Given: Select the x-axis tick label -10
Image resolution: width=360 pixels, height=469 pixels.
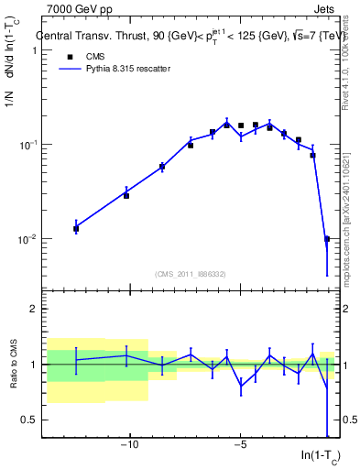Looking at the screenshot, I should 130,446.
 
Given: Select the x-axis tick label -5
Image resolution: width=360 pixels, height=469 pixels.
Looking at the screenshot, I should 240,446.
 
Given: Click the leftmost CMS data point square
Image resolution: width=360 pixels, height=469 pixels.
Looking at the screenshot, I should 76,229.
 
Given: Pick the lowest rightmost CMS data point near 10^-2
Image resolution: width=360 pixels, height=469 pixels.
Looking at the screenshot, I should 327,239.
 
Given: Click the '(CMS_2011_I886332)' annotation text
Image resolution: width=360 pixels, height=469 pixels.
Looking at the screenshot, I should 191,273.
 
